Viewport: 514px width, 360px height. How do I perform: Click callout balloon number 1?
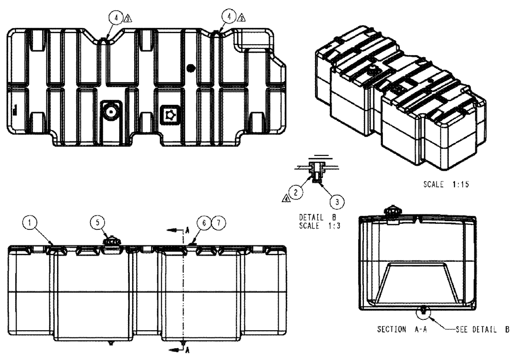click(31, 223)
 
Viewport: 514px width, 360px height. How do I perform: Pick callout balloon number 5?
click(98, 223)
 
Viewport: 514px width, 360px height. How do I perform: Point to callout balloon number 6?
click(206, 223)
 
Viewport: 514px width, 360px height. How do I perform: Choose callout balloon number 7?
click(218, 223)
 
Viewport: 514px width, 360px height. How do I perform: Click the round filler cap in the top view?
click(111, 111)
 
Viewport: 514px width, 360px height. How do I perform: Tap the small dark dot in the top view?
click(192, 67)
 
